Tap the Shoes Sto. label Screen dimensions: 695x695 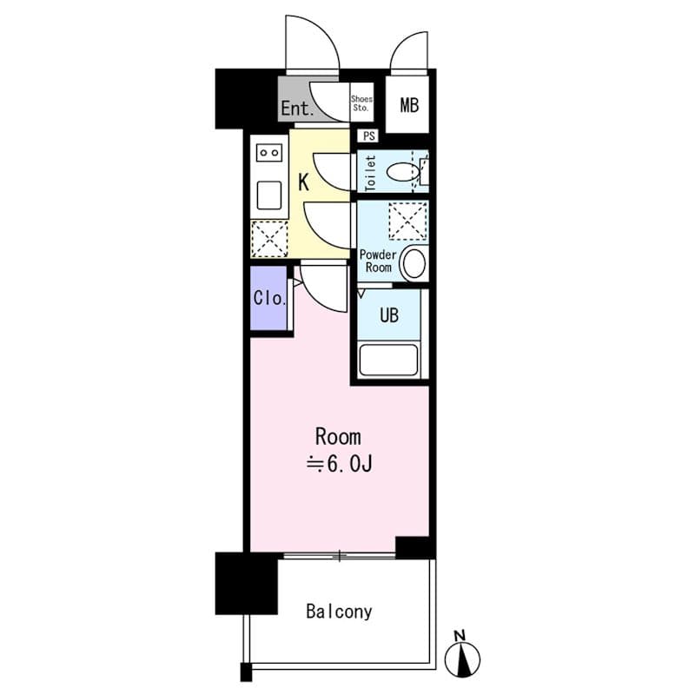361,104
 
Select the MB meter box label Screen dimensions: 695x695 408,106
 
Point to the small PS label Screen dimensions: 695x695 369,136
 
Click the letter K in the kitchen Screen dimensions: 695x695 304,182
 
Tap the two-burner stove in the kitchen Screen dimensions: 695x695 268,153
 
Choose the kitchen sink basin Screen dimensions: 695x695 268,195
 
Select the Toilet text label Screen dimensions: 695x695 369,172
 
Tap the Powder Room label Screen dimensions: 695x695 378,261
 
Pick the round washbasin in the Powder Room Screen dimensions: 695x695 414,263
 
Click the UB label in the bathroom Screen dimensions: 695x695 388,315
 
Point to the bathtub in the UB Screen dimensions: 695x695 388,359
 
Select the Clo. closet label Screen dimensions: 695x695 269,298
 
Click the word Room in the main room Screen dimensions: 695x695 337,436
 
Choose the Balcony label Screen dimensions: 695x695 339,612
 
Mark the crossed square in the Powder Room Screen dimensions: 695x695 407,221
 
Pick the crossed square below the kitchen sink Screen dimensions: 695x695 268,238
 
